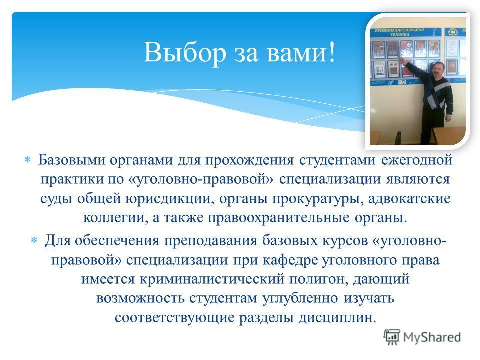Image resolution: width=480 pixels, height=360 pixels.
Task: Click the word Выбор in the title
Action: click(x=185, y=52)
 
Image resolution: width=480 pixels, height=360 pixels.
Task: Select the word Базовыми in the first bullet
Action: click(x=72, y=160)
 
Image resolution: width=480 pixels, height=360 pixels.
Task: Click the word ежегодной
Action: click(x=417, y=160)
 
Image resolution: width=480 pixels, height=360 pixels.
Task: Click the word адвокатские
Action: click(x=409, y=199)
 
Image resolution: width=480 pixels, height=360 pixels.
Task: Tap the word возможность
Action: click(x=141, y=299)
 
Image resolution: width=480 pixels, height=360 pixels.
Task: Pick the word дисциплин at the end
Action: click(x=337, y=318)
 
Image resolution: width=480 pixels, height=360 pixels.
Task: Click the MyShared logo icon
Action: click(x=392, y=337)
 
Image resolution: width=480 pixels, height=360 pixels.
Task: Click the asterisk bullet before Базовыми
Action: click(x=27, y=160)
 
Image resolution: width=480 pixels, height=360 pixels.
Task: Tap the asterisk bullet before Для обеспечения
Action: click(x=34, y=240)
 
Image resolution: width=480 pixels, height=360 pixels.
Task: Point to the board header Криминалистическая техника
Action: click(x=399, y=32)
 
